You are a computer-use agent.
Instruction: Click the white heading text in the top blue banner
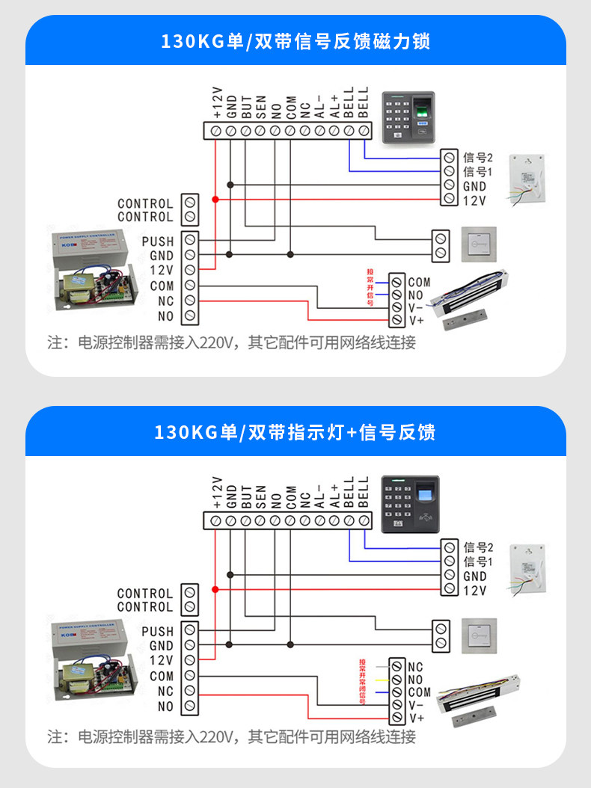point(295,40)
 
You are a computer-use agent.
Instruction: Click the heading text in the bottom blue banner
point(295,431)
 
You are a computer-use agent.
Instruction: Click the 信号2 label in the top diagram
point(478,158)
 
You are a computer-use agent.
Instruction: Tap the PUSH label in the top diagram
point(157,241)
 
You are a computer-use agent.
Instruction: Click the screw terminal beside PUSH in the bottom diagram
point(190,631)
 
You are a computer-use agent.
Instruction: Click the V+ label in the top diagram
point(417,320)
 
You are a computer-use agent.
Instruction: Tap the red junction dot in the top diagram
point(215,200)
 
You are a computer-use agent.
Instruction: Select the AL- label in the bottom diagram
point(319,497)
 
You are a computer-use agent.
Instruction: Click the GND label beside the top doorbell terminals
point(474,186)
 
